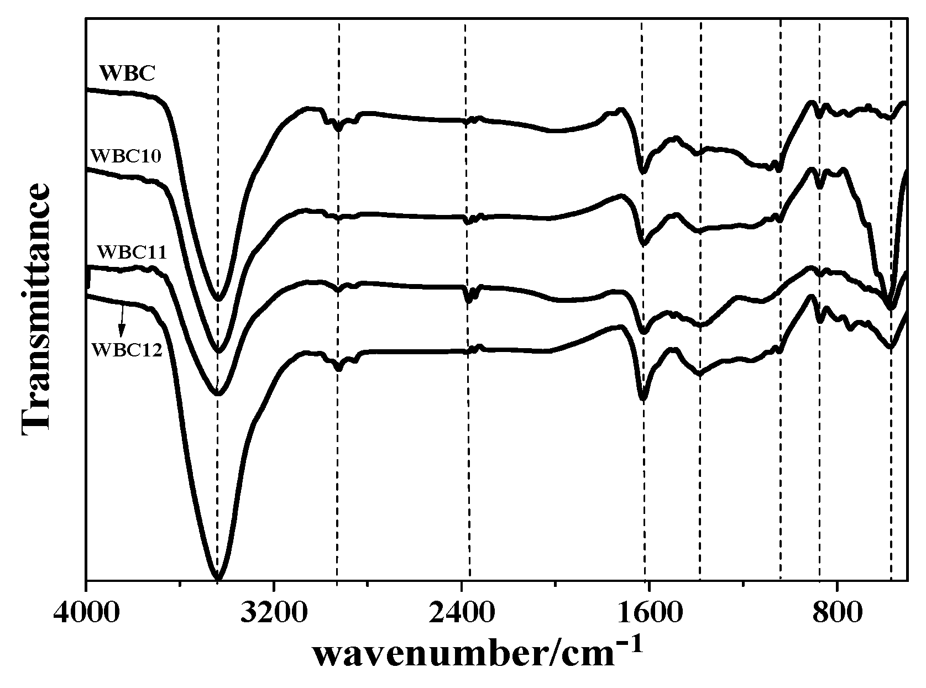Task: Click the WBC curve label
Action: pos(127,73)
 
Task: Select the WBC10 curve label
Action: pos(125,156)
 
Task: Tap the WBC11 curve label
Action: pos(132,252)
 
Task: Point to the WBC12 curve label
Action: pos(127,350)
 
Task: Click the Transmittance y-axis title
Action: pos(36,309)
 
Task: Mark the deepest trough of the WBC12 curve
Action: pos(218,578)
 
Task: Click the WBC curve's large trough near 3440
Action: pos(219,299)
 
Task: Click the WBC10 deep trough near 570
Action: pos(890,307)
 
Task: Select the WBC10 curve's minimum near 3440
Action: pos(219,350)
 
